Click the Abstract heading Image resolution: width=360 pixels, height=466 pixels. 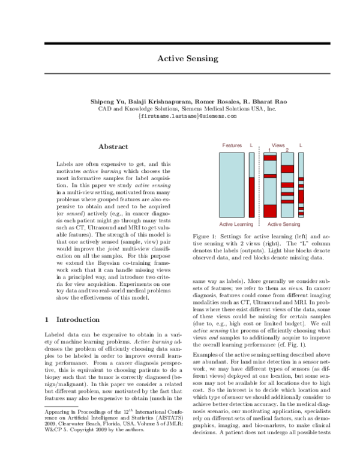click(113, 147)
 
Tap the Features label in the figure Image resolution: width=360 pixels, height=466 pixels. click(232, 145)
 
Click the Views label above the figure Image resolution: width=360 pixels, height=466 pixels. click(278, 145)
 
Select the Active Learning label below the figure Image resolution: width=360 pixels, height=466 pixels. click(236, 224)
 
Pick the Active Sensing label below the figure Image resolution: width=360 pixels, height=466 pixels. click(284, 224)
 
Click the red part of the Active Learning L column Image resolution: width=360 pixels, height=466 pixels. click(251, 198)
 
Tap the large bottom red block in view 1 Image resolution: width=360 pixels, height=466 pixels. click(270, 211)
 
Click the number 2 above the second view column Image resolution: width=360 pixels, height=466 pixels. click(287, 150)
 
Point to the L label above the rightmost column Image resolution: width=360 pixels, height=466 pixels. click(301, 145)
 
